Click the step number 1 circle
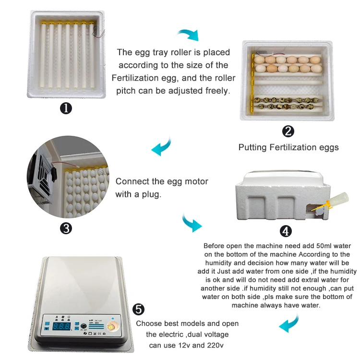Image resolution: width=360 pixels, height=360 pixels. (x=66, y=108)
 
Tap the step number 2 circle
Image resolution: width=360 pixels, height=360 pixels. (x=288, y=132)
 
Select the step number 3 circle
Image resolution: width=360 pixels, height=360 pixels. (x=66, y=228)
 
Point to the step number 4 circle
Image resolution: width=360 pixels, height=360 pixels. (x=286, y=231)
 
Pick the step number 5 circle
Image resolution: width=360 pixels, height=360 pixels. (x=138, y=309)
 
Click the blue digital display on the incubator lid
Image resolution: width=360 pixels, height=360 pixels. (x=61, y=326)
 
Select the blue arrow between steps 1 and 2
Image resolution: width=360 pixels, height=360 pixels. (x=188, y=35)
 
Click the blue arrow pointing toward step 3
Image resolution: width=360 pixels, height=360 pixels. (x=162, y=147)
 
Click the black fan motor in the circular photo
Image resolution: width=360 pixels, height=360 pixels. (x=54, y=174)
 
